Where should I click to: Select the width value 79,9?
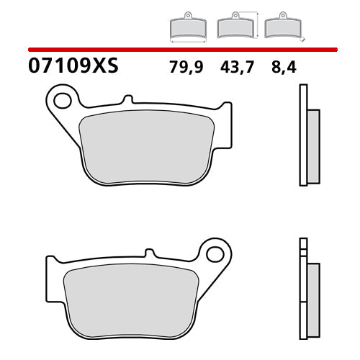[x=186, y=68]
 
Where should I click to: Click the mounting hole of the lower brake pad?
[x=213, y=253]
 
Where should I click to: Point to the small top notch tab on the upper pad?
[x=127, y=99]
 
